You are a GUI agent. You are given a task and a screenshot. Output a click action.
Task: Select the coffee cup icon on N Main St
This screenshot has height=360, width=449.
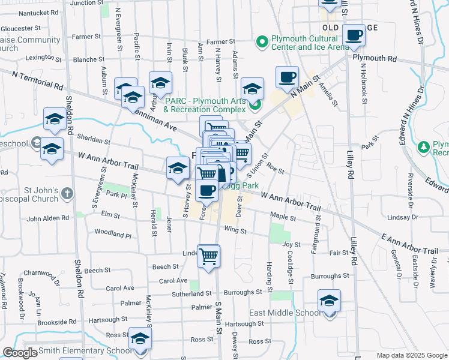pyautogui.click(x=287, y=77)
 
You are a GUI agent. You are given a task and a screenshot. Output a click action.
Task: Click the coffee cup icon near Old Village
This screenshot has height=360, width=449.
pyautogui.click(x=354, y=35)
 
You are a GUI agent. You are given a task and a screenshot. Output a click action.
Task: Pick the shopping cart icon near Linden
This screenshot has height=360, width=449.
pyautogui.click(x=208, y=256)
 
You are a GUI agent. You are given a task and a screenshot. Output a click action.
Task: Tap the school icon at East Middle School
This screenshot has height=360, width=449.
pyautogui.click(x=329, y=301)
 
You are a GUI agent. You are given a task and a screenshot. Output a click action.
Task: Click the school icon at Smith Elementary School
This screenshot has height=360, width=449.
pyautogui.click(x=140, y=340)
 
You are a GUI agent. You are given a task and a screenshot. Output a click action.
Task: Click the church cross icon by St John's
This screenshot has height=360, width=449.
pyautogui.click(x=67, y=194)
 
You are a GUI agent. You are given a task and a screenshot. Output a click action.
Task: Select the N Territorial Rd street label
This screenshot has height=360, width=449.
pyautogui.click(x=38, y=79)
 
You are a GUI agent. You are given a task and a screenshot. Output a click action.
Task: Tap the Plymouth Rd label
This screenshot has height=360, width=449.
pyautogui.click(x=375, y=59)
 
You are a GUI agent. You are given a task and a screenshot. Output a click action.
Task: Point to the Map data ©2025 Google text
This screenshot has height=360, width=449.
pyautogui.click(x=411, y=355)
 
